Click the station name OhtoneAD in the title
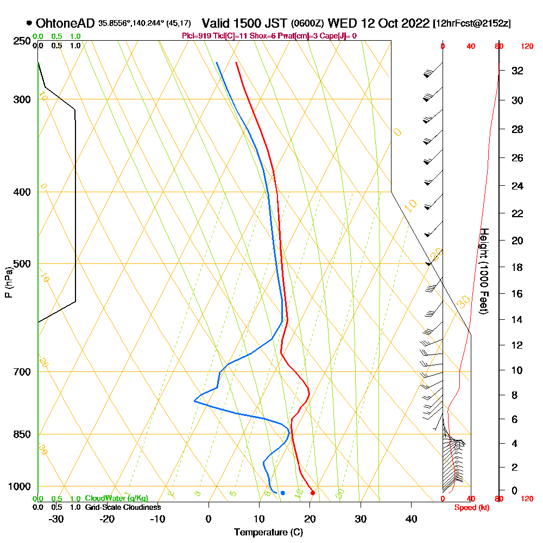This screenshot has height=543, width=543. pos(65,23)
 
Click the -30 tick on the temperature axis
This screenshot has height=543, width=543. pos(56,519)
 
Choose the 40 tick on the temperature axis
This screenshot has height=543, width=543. pos(412,519)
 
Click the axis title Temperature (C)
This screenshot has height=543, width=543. pos(268,533)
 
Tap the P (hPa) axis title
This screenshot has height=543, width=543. pos(8,282)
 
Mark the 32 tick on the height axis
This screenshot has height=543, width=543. pos(517,71)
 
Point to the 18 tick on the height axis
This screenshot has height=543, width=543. pos(517,267)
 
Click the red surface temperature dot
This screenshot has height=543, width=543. pos(312,493)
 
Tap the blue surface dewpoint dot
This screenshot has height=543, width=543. pos(282,493)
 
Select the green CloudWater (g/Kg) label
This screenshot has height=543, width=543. pos(116,498)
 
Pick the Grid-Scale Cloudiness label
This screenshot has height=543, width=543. pos(122,507)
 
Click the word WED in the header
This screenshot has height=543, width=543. pos(340,23)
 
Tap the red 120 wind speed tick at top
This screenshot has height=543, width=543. pos(526,47)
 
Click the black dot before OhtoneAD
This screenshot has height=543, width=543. pos(29,23)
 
